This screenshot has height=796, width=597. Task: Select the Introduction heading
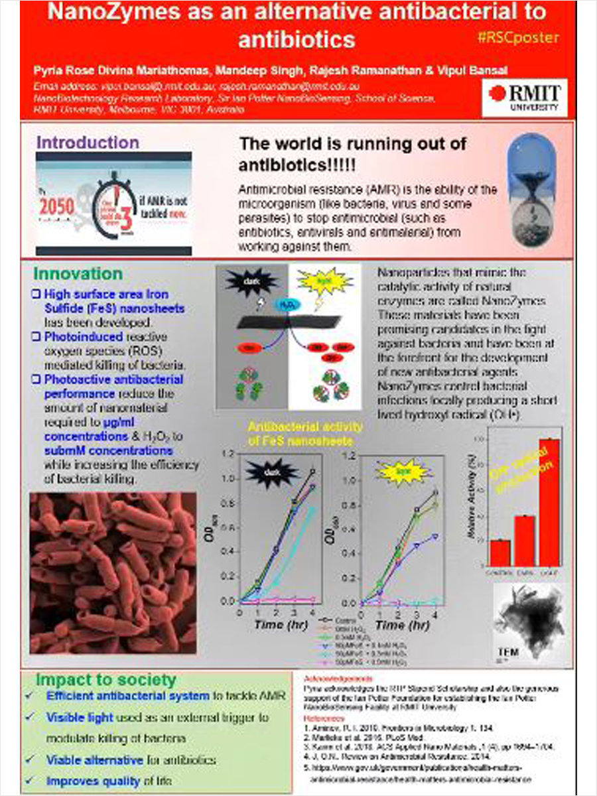88,143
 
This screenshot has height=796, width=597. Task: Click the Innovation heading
78,273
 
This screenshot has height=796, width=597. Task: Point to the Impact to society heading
106,680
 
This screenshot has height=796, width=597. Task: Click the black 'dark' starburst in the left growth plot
262,472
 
